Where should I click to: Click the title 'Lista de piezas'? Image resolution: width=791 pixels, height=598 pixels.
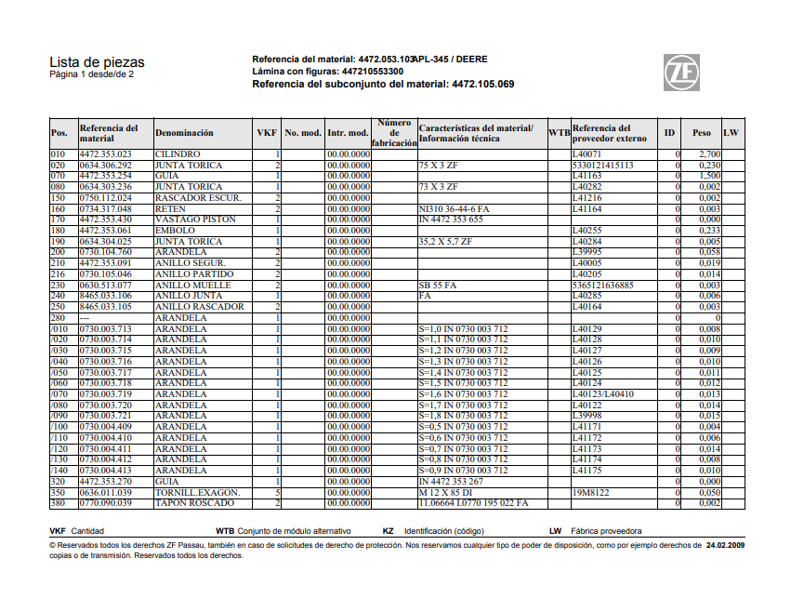[97, 62]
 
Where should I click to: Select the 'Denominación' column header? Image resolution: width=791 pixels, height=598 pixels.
[184, 134]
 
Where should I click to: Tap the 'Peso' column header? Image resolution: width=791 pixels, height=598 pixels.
[701, 134]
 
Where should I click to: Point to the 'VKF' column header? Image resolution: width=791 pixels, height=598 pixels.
[267, 134]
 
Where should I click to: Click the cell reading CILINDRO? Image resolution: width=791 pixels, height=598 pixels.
[178, 153]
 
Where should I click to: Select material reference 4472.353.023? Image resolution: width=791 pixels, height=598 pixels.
[106, 153]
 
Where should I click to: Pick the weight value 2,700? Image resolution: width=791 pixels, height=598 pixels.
[709, 153]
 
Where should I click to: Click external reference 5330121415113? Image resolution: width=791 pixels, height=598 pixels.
[603, 165]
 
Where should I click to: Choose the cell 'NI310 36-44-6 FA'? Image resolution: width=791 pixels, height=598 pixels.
[455, 208]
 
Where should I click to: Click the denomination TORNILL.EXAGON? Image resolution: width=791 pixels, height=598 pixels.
[197, 493]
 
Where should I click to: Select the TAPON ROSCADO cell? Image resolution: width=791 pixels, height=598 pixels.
[193, 503]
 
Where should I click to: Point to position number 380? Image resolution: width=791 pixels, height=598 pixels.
[59, 503]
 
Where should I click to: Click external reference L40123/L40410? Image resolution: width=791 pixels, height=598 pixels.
[601, 394]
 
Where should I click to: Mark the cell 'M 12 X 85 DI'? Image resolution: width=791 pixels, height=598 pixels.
[447, 493]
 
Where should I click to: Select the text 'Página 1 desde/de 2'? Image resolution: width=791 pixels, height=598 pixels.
[91, 74]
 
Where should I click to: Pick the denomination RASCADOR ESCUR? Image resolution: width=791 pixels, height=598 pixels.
[198, 197]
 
